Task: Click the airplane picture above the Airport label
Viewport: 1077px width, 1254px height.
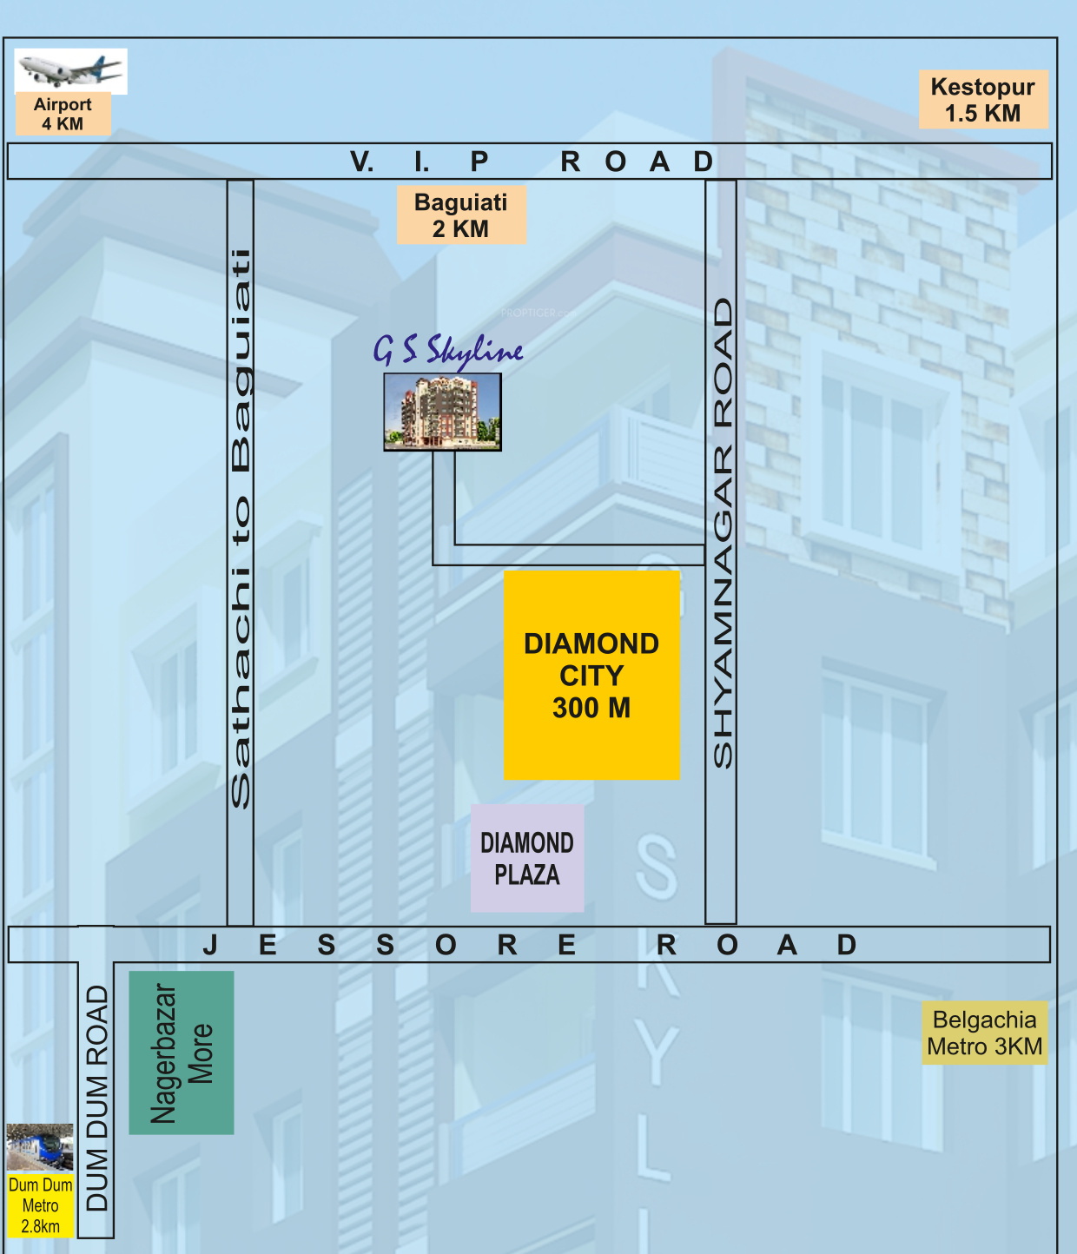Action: [70, 70]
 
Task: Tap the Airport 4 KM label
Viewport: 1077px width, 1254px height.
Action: [63, 114]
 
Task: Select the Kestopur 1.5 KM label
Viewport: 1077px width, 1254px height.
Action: [983, 100]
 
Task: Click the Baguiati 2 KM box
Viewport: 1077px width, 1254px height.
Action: [461, 215]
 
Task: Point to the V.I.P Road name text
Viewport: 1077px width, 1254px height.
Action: [531, 162]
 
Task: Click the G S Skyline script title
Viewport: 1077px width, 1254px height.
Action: [448, 350]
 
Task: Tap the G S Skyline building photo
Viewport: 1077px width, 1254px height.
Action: [443, 412]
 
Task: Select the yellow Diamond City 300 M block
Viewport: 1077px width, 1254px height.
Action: [591, 675]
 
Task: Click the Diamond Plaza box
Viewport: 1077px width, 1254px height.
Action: [527, 858]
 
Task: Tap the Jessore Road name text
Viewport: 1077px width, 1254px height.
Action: [529, 945]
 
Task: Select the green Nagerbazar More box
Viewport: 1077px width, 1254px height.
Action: [182, 1053]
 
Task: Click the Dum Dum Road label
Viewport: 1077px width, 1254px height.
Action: [97, 1098]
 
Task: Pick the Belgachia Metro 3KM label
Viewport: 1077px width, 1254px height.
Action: [985, 1033]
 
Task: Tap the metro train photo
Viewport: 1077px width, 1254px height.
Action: [40, 1147]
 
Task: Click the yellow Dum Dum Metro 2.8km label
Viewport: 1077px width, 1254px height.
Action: [41, 1205]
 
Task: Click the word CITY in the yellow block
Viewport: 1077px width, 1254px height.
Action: [591, 676]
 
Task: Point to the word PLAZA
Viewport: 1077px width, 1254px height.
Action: [527, 874]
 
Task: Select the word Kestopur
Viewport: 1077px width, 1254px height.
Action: [983, 87]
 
